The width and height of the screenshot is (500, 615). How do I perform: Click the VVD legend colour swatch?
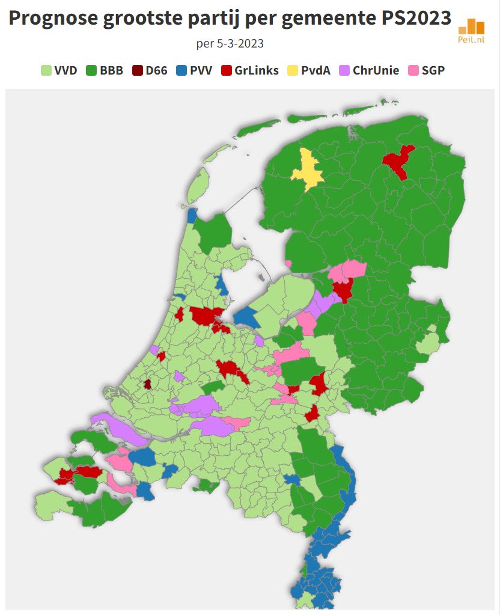46,70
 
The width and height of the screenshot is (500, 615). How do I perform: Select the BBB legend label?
111,70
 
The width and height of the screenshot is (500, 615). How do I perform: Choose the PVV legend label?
201,70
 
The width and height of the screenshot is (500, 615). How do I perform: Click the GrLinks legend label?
256,70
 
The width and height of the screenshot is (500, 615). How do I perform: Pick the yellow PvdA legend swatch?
292,70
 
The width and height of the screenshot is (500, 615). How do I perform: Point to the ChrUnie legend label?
376,70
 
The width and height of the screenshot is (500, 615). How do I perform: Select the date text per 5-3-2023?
230,44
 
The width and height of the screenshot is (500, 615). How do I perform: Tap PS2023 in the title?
416,19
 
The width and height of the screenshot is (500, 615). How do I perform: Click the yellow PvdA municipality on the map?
307,170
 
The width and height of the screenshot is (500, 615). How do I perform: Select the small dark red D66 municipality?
147,384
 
